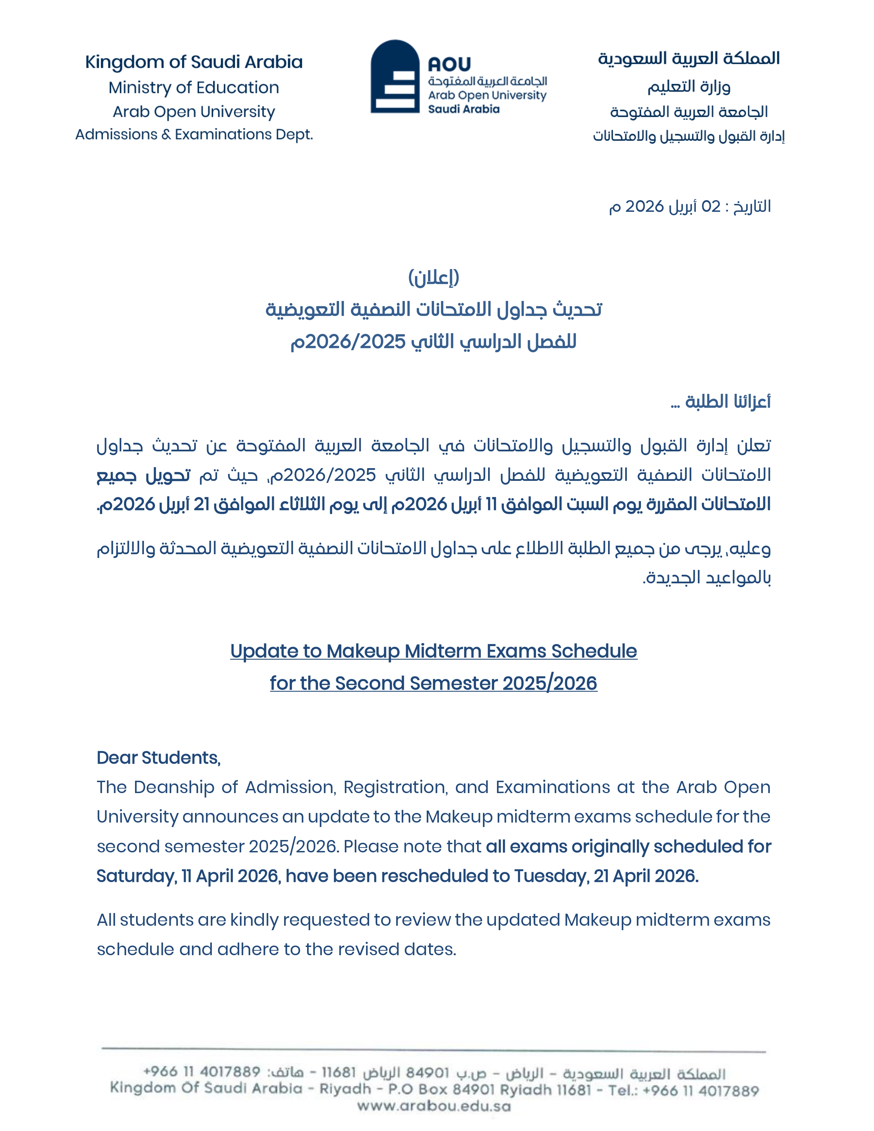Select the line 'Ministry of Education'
coord(194,87)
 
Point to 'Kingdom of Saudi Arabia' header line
coord(194,62)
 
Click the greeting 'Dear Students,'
coord(158,758)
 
